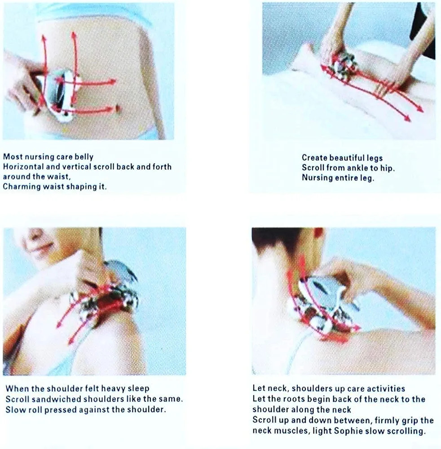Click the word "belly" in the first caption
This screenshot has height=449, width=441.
coord(84,157)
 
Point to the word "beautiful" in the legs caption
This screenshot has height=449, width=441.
coord(347,158)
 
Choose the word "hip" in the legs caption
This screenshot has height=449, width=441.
coord(388,168)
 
